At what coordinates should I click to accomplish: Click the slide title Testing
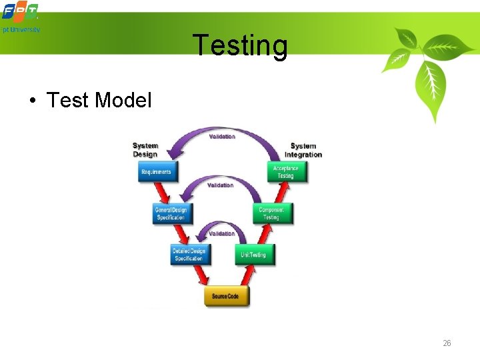pyautogui.click(x=240, y=45)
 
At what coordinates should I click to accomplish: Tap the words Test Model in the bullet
pyautogui.click(x=99, y=100)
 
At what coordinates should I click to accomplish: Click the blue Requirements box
pyautogui.click(x=156, y=172)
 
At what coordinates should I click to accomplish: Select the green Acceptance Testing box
pyautogui.click(x=286, y=172)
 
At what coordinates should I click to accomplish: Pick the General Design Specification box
pyautogui.click(x=171, y=213)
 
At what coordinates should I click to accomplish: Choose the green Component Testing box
pyautogui.click(x=271, y=213)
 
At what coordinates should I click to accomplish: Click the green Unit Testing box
pyautogui.click(x=253, y=255)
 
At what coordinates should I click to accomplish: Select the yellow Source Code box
pyautogui.click(x=227, y=296)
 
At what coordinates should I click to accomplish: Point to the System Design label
pyautogui.click(x=145, y=150)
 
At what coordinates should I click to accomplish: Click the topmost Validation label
pyautogui.click(x=222, y=137)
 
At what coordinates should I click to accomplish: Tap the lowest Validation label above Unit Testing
pyautogui.click(x=222, y=233)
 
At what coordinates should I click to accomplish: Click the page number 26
pyautogui.click(x=447, y=343)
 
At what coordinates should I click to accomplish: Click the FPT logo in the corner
pyautogui.click(x=20, y=12)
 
